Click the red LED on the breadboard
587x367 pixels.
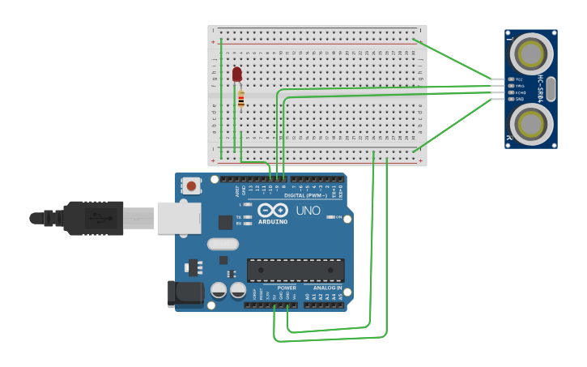236,75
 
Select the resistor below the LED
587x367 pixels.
240,100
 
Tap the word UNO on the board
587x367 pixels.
308,211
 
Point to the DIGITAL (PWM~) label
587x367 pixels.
305,195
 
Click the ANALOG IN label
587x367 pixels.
327,288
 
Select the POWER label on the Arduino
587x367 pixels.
287,288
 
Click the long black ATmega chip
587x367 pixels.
296,271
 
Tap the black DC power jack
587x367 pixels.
185,295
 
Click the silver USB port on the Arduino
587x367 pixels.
179,218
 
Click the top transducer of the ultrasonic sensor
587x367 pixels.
531,54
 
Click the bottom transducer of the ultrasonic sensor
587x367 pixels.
531,125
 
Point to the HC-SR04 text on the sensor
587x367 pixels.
541,89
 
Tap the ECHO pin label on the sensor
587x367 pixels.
521,92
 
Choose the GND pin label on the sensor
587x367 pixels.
520,99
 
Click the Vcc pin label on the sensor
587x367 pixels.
520,79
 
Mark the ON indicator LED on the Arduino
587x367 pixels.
330,217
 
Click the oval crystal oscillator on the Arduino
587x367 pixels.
223,244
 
